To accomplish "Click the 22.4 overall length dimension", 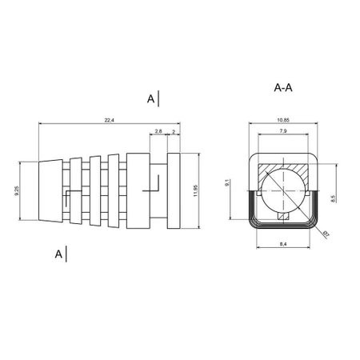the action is [x=109, y=121].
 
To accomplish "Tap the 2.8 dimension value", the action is [x=158, y=131].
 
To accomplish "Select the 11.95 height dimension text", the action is [x=196, y=190].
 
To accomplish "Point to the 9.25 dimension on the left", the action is [x=17, y=191].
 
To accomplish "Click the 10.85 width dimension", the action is [x=283, y=120].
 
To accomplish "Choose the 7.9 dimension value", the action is [x=283, y=131].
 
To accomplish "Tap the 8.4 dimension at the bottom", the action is [x=283, y=244].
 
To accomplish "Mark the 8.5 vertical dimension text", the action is [x=333, y=198].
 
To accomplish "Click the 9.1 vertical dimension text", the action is [x=227, y=183].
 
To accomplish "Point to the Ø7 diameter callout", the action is [x=326, y=234].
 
